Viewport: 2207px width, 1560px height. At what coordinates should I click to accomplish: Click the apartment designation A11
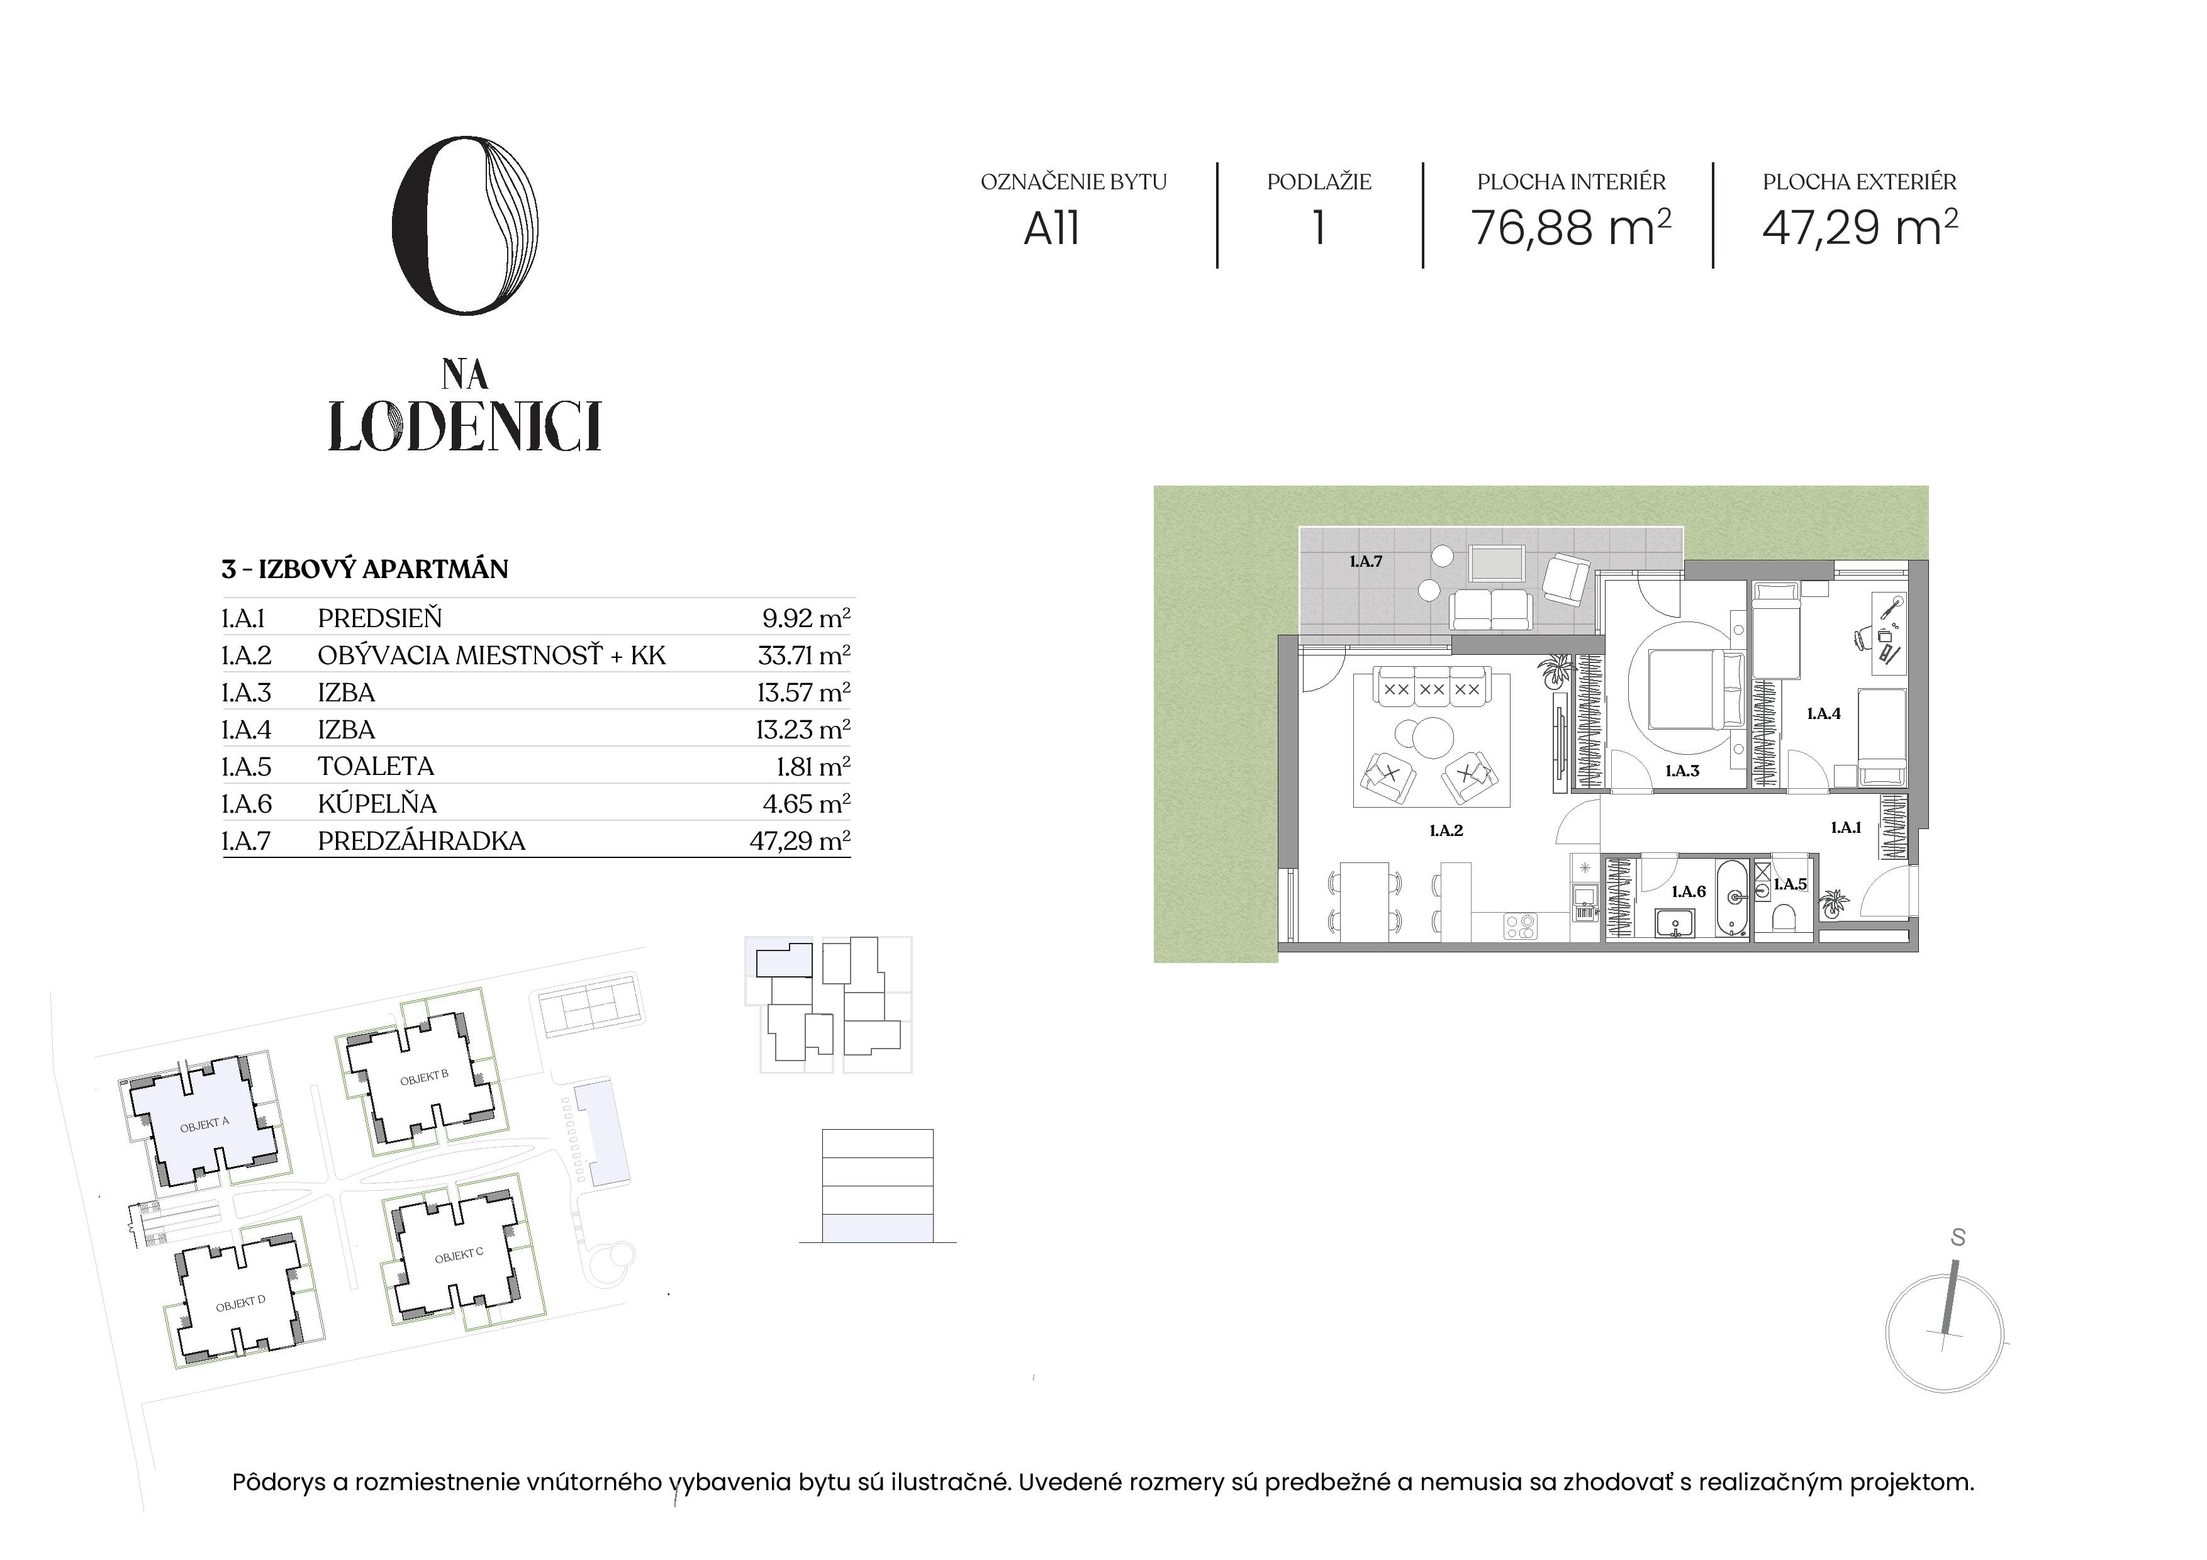[1051, 229]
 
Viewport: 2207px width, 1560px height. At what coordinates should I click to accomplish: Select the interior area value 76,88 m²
[1571, 229]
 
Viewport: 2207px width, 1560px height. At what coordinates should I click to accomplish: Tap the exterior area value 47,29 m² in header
[1859, 229]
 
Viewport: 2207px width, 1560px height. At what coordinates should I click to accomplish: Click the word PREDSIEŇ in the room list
[380, 618]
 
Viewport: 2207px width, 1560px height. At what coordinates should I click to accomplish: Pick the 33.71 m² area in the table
[803, 655]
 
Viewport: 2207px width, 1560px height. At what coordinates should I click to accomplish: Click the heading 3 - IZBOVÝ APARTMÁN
[364, 569]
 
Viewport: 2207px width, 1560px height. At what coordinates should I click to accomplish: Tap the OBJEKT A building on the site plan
[204, 1123]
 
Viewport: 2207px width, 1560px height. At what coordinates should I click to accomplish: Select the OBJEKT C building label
[459, 1256]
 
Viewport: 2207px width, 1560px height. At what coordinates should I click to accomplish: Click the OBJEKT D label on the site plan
[240, 1303]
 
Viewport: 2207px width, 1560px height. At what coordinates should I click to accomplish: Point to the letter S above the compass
[1958, 1238]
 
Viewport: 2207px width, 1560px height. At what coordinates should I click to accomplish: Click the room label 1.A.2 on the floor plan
[1446, 830]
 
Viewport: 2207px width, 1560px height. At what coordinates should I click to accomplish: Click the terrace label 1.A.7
[1365, 561]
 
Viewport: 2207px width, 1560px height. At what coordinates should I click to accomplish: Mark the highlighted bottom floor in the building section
[876, 1227]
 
